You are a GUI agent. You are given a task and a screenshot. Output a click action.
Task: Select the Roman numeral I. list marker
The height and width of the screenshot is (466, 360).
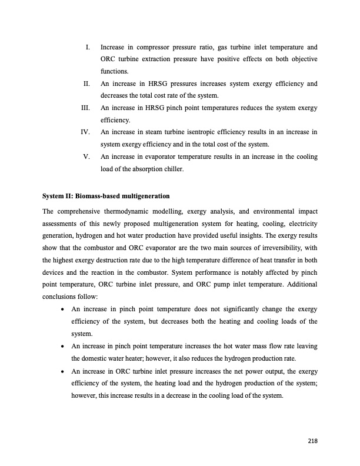pyautogui.click(x=87, y=46)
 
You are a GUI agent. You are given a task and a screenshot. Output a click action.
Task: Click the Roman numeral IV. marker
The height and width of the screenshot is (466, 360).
pyautogui.click(x=85, y=132)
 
